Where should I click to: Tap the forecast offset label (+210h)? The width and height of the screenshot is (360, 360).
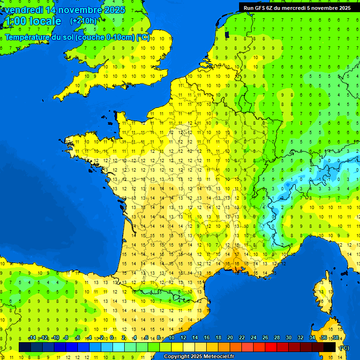(83, 21)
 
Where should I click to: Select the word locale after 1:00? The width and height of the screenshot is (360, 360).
(45, 21)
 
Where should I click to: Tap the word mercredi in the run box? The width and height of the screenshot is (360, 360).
(295, 8)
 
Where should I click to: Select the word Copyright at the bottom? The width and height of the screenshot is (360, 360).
(178, 357)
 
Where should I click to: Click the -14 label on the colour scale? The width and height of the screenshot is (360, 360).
(32, 338)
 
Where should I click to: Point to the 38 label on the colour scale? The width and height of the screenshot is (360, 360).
(335, 338)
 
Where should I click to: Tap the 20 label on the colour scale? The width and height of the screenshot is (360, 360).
(230, 338)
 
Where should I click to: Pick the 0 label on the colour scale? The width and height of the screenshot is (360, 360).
(113, 338)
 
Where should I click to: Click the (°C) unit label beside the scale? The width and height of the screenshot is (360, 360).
(344, 347)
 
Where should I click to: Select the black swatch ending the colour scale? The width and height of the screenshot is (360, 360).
(330, 347)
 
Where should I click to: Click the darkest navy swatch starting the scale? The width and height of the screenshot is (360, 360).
(25, 347)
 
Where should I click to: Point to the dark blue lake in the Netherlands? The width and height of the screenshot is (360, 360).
(227, 34)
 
